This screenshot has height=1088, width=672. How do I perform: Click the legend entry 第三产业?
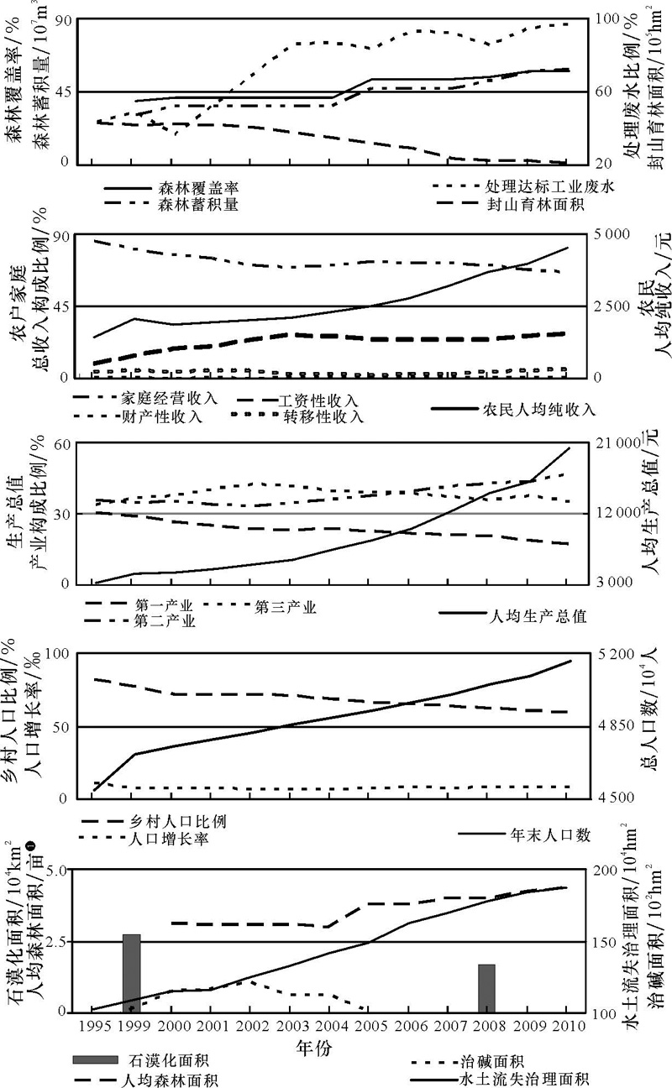(x=285, y=607)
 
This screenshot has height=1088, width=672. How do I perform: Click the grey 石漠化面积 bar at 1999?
(x=131, y=973)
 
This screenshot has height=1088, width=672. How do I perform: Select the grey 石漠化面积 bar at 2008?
(x=487, y=988)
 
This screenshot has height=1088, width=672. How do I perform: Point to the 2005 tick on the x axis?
(x=368, y=1025)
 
